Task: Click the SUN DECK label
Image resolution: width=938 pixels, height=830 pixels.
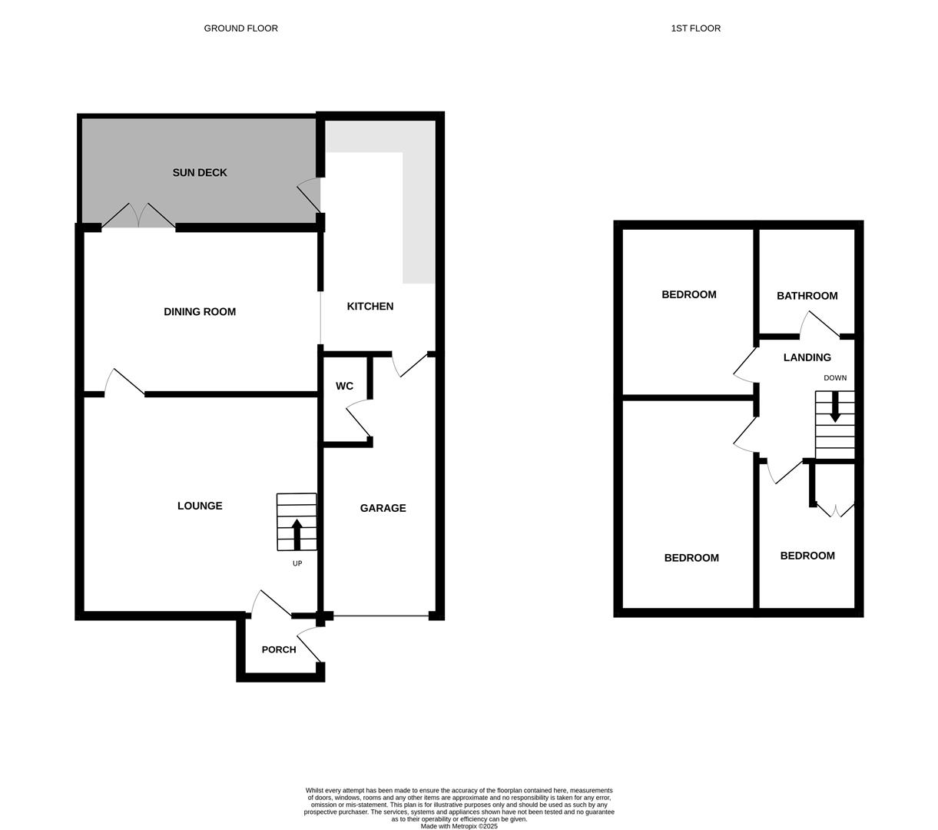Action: pyautogui.click(x=200, y=173)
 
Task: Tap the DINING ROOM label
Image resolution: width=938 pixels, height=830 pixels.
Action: pyautogui.click(x=200, y=312)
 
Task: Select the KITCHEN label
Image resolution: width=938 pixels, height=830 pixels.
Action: pyautogui.click(x=370, y=307)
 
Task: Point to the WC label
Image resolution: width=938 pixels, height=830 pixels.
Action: pyautogui.click(x=344, y=387)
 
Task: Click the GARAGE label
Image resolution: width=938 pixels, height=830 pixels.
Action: pyautogui.click(x=383, y=508)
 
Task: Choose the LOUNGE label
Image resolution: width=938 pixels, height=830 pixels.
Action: pyautogui.click(x=200, y=506)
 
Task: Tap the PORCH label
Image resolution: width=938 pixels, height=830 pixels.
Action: pyautogui.click(x=279, y=650)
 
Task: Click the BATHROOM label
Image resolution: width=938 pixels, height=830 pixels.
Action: pyautogui.click(x=807, y=296)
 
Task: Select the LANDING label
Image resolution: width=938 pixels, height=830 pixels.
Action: pyautogui.click(x=807, y=357)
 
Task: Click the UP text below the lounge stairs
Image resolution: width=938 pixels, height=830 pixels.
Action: pyautogui.click(x=297, y=563)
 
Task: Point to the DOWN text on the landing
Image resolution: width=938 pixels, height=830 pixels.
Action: pyautogui.click(x=835, y=378)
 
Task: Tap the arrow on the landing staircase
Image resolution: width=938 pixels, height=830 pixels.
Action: pyautogui.click(x=835, y=407)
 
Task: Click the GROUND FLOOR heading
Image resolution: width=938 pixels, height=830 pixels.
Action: pyautogui.click(x=240, y=28)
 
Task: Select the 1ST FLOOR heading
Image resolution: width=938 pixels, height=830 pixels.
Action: pyautogui.click(x=695, y=28)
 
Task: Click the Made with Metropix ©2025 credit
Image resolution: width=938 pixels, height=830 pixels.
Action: pyautogui.click(x=459, y=826)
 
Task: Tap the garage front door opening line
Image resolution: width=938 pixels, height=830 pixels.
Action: pyautogui.click(x=381, y=616)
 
